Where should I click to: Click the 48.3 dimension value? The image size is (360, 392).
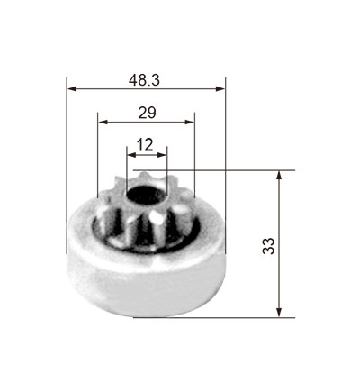(x=144, y=80)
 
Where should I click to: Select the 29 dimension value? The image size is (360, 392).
(x=147, y=113)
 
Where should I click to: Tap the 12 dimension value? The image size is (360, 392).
(x=145, y=145)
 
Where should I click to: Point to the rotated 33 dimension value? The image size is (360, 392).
(x=268, y=246)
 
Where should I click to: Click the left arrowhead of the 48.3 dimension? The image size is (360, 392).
(x=73, y=88)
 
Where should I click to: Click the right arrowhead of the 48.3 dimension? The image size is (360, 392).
(x=220, y=88)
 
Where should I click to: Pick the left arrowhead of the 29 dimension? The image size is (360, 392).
(x=103, y=122)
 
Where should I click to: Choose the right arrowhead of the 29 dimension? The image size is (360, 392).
(x=189, y=122)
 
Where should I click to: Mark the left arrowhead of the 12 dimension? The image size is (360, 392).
(x=131, y=155)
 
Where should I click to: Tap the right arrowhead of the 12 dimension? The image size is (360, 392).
(x=162, y=155)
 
